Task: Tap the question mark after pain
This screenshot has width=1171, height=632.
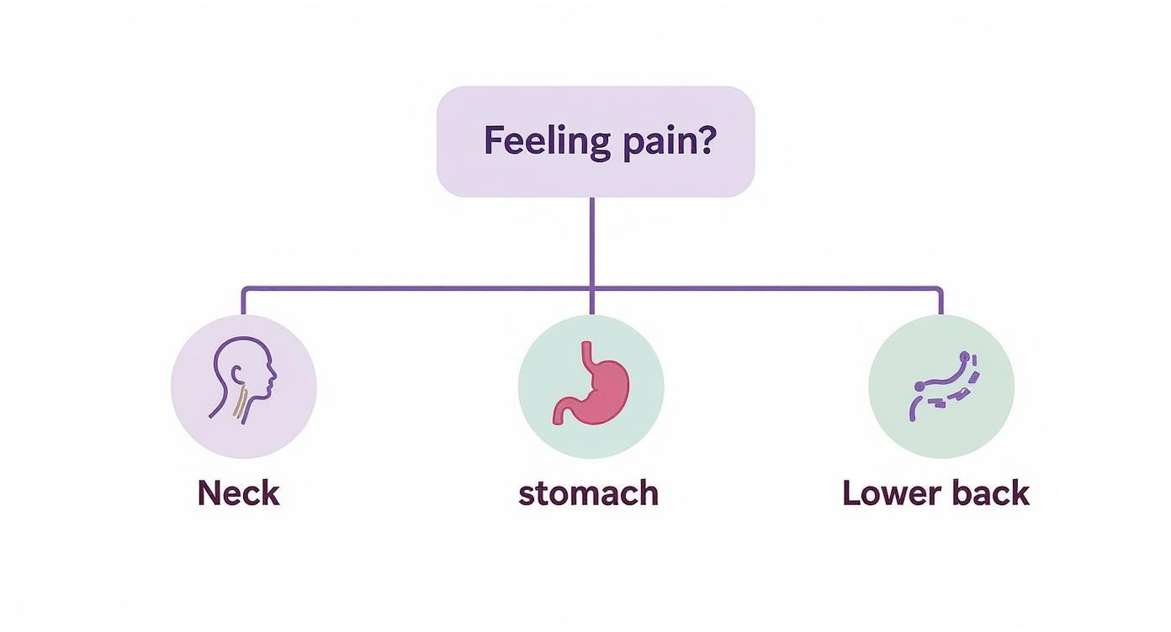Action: tap(705, 140)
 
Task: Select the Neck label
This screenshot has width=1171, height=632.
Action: tap(238, 492)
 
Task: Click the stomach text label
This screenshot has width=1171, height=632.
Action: tap(589, 492)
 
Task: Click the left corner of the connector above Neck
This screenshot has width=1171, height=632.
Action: tap(243, 289)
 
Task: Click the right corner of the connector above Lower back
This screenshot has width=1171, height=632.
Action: tap(941, 289)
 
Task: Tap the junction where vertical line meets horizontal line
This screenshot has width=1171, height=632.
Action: tap(592, 289)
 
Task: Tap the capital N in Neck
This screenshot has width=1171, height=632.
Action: tap(208, 492)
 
